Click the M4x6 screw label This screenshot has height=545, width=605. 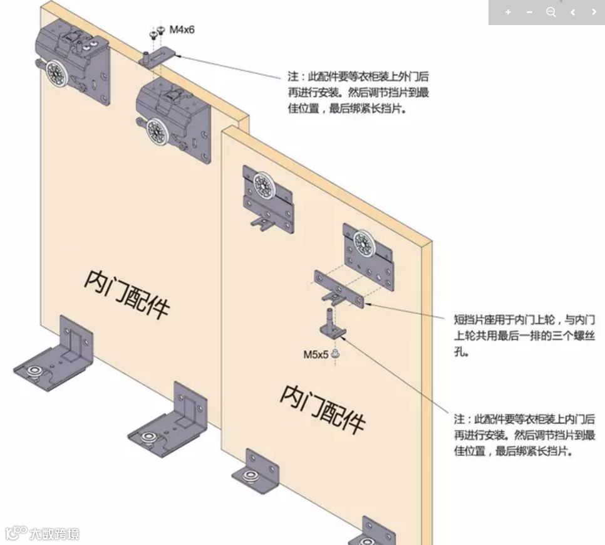coord(182,29)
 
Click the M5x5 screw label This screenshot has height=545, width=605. coord(316,354)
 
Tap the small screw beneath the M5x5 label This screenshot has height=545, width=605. coord(336,355)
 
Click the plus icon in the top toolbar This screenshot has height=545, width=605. coord(508,12)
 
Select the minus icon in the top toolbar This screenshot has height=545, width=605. coord(530,12)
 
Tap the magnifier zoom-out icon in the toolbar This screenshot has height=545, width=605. coord(551,12)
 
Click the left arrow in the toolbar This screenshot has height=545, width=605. coord(572,12)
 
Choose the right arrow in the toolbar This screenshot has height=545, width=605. coord(594,12)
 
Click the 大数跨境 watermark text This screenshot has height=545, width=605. coord(54,534)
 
